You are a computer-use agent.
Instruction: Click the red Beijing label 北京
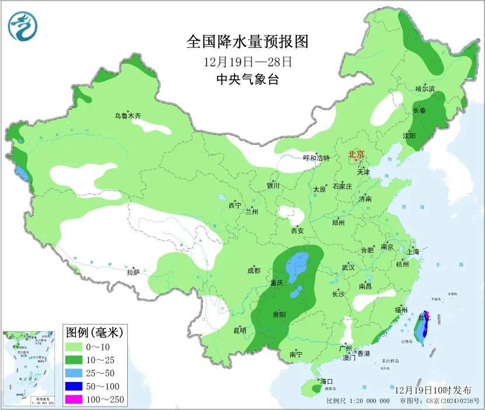[356, 155]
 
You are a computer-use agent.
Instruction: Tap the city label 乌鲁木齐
[127, 116]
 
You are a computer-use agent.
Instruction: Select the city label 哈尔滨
[425, 89]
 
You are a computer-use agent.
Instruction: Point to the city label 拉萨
[133, 272]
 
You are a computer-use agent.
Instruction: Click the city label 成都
[253, 270]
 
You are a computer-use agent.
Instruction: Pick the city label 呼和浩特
[316, 158]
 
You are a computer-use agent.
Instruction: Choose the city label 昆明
[239, 331]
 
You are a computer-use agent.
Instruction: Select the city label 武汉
[348, 267]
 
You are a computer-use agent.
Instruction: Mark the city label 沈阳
[409, 135]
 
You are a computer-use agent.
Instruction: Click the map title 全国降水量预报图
[247, 41]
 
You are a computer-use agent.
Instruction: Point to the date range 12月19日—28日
[247, 61]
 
